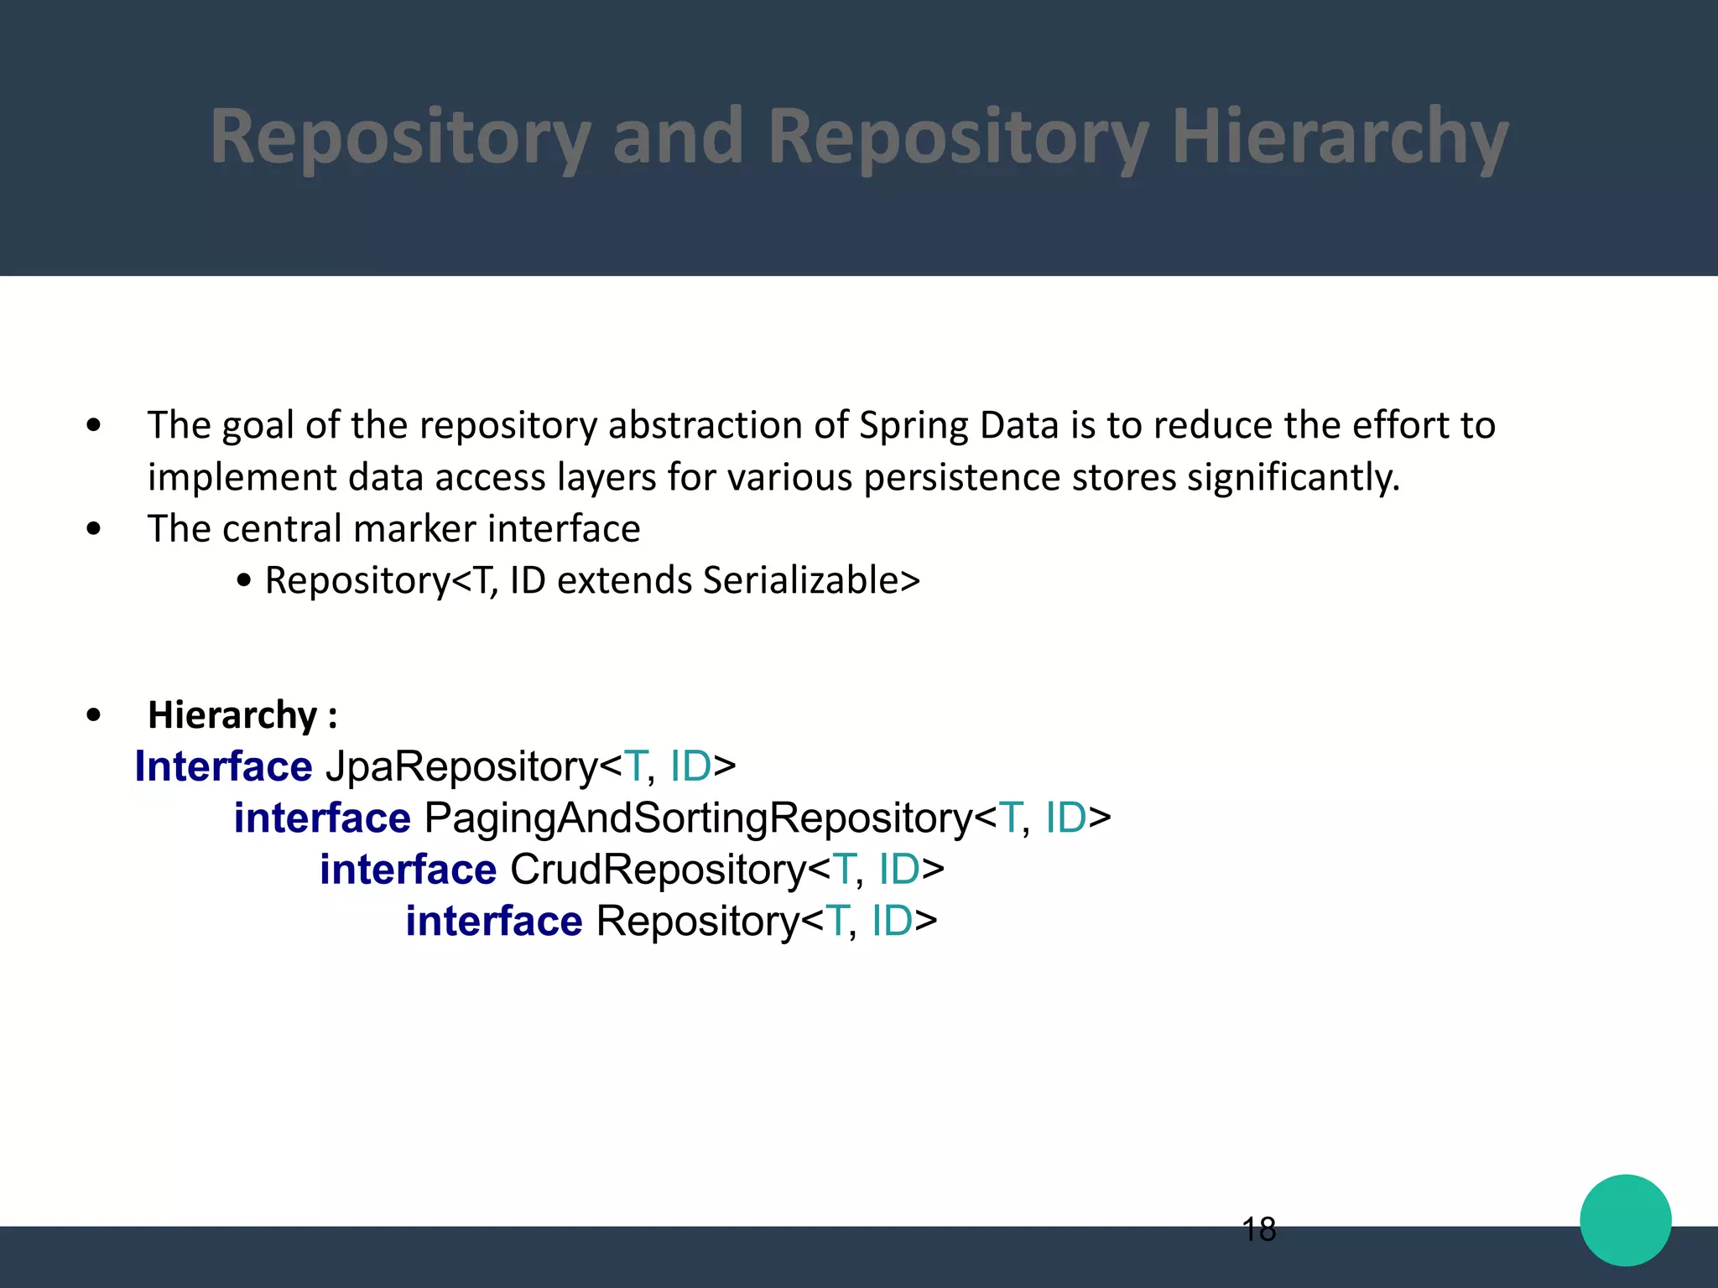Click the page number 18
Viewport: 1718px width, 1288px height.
tap(1258, 1230)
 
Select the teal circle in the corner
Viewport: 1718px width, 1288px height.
tap(1625, 1220)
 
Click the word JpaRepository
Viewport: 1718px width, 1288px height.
tap(461, 766)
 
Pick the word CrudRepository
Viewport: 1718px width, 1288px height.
tap(658, 870)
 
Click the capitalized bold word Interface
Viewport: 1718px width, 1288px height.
tap(223, 766)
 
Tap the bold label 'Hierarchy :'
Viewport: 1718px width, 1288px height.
tap(242, 715)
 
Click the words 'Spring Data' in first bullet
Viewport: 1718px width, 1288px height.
tap(960, 425)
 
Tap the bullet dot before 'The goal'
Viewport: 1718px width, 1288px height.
tap(93, 426)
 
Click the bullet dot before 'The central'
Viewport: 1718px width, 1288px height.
tap(93, 529)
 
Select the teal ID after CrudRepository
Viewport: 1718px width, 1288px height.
tap(899, 870)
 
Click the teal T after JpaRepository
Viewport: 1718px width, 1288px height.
tap(635, 766)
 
